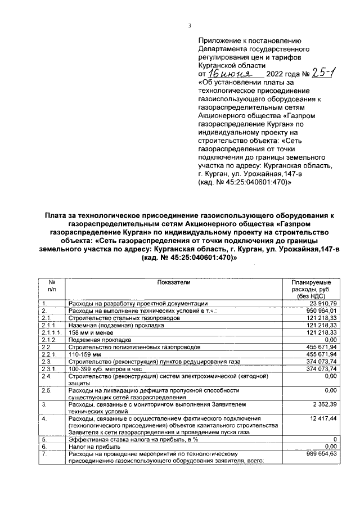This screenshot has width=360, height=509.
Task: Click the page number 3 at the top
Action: click(x=190, y=25)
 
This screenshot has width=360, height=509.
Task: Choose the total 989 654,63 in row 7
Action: click(x=319, y=453)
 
